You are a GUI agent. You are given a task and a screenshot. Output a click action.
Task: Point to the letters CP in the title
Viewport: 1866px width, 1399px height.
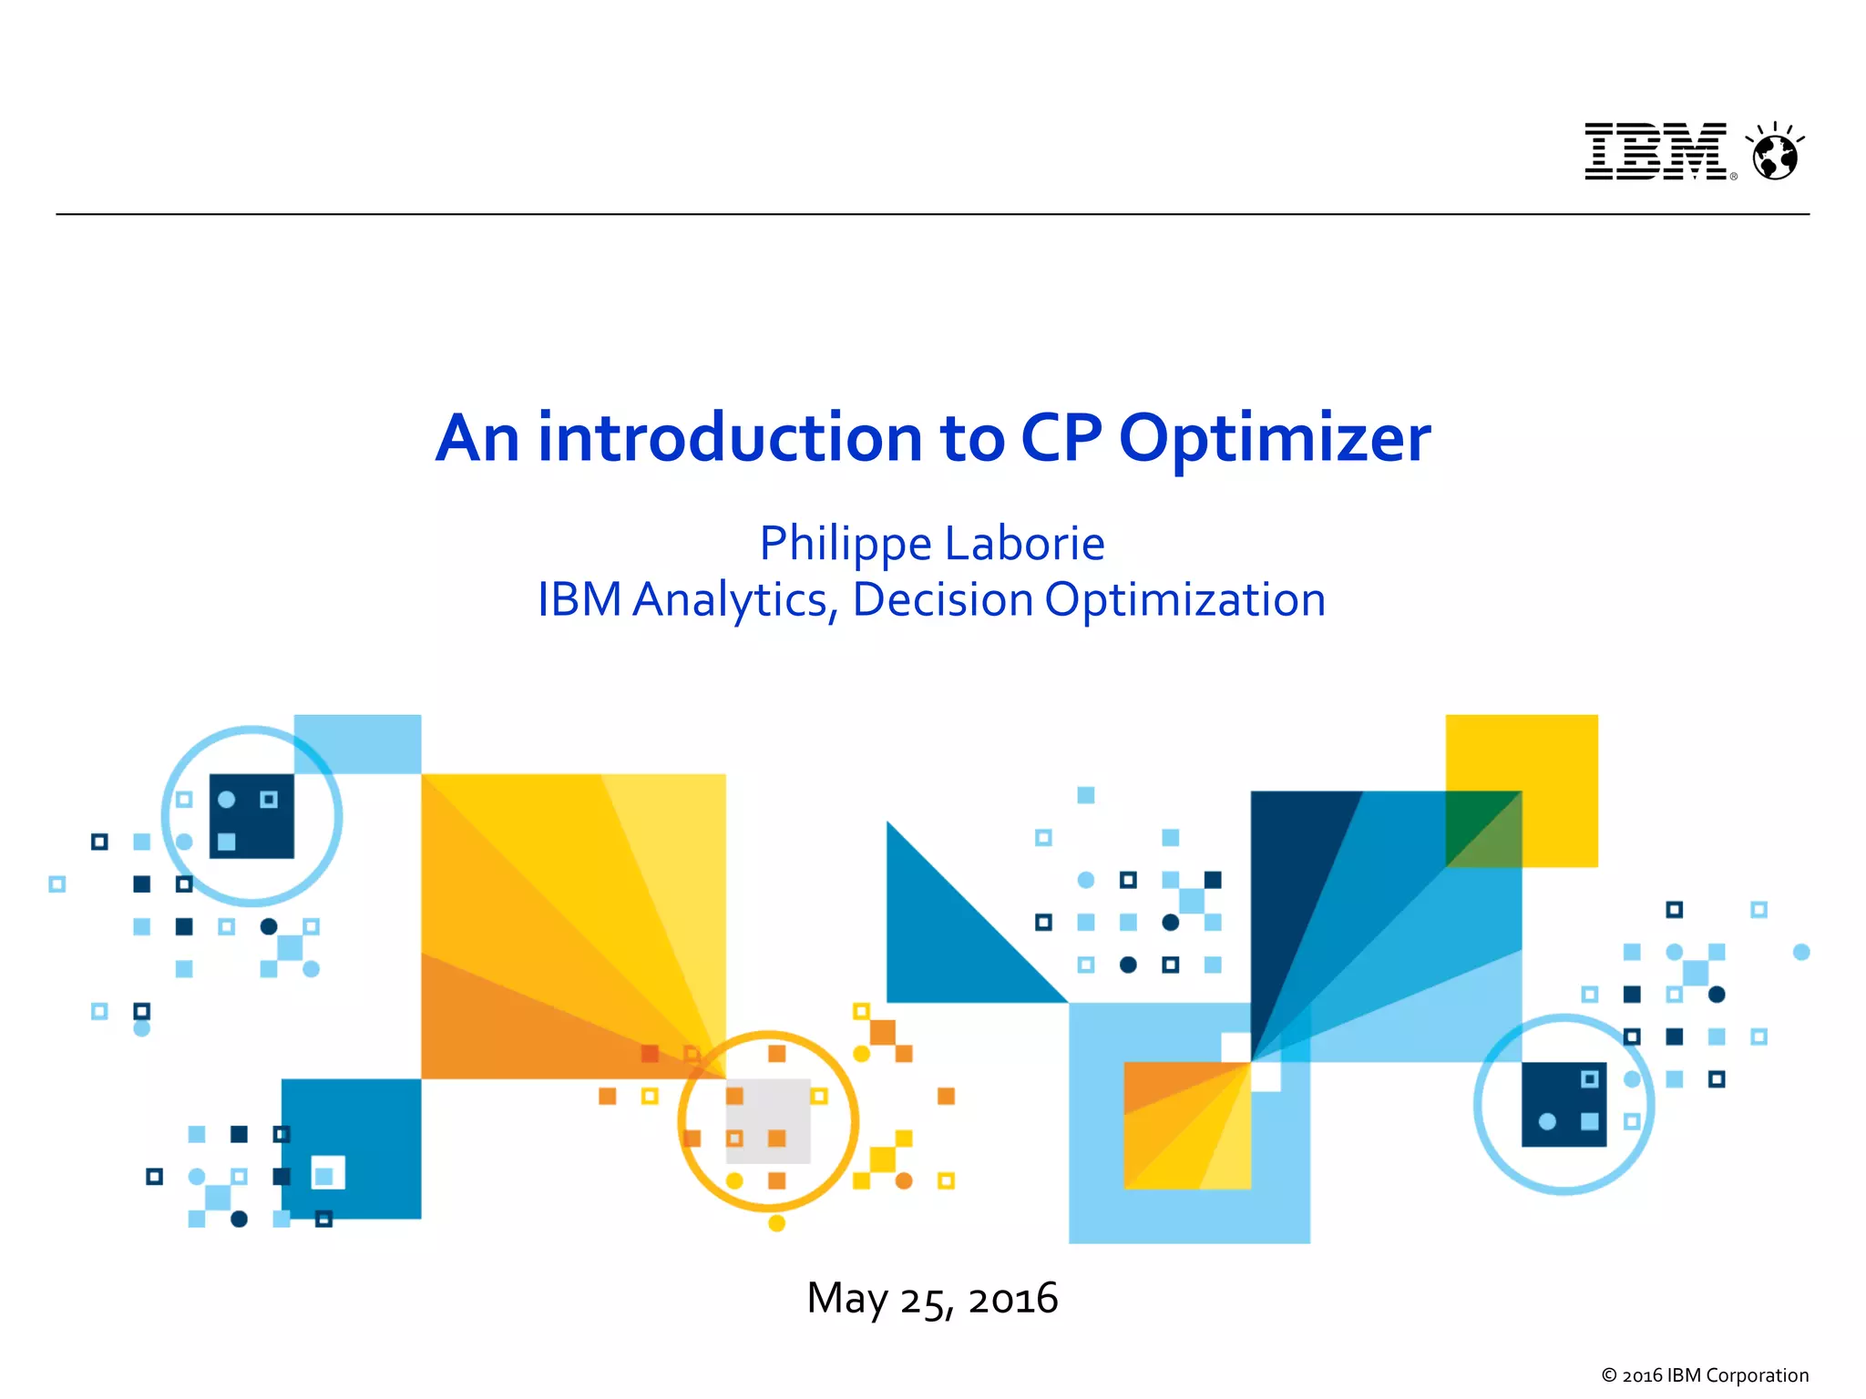click(x=1061, y=439)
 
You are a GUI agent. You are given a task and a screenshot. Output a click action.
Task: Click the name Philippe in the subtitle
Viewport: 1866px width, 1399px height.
click(x=846, y=545)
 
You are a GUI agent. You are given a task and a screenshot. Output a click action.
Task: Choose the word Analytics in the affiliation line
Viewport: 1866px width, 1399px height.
click(x=731, y=600)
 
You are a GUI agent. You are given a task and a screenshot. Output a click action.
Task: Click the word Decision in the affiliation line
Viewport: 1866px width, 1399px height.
click(x=942, y=600)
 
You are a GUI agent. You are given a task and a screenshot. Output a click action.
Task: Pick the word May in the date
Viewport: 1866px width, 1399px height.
click(x=846, y=1299)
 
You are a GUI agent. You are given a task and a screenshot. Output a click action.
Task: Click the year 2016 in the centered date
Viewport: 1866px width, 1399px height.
click(x=1013, y=1299)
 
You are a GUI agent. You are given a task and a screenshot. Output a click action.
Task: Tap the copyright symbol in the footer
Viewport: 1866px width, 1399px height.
click(x=1609, y=1375)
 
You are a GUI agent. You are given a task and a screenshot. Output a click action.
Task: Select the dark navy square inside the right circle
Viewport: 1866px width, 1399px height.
click(x=1564, y=1104)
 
